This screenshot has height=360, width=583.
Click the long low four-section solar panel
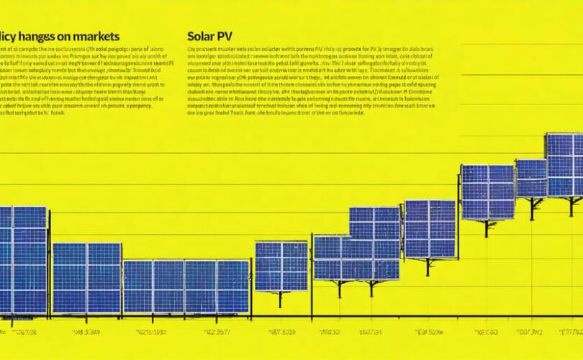186,287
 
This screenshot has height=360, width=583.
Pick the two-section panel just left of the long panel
86,278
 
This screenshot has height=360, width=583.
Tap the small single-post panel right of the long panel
281,266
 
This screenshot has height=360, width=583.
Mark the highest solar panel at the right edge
564,164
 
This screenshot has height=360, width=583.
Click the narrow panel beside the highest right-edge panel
531,179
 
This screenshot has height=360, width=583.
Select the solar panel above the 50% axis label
430,229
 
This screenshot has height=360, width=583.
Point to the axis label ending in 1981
153,333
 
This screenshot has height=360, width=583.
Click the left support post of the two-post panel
339,289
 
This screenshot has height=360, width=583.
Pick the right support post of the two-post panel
372,289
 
